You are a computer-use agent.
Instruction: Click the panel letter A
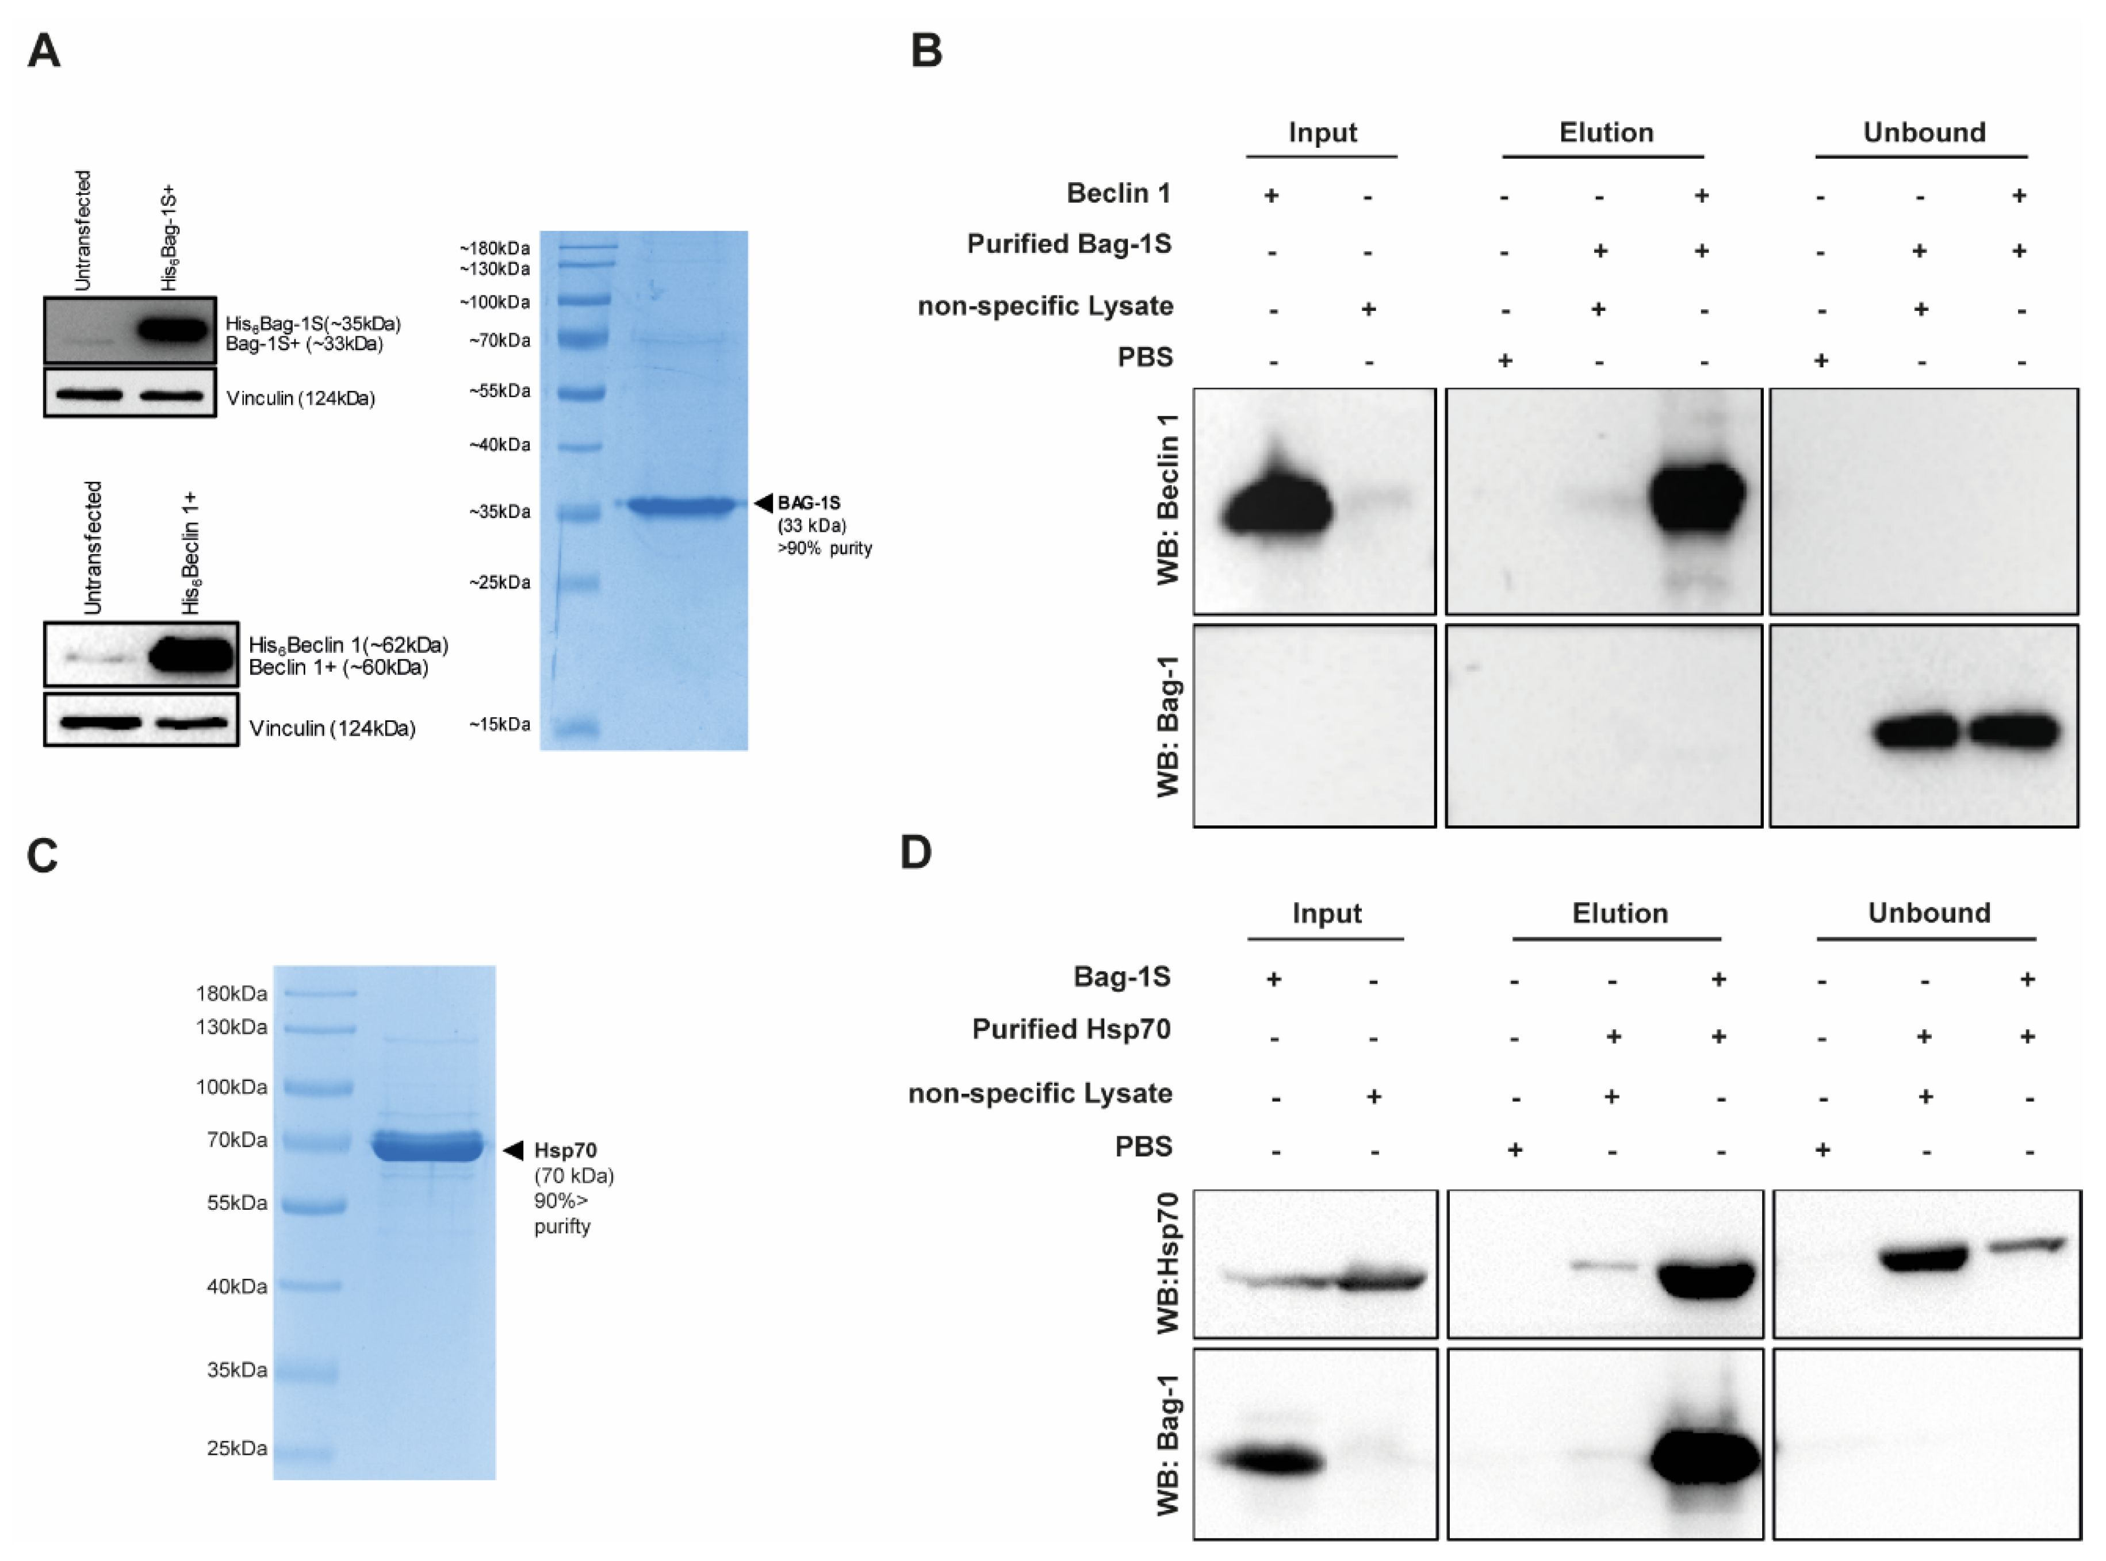coord(44,50)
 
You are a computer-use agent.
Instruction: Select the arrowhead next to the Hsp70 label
coord(512,1150)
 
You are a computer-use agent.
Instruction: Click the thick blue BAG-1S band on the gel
coord(680,506)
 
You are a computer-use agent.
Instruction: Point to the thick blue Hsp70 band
coord(427,1146)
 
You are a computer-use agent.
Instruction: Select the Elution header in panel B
coord(1606,132)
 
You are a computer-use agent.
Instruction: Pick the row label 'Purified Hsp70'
coord(1071,1029)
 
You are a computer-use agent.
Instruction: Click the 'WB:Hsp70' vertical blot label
coord(1169,1263)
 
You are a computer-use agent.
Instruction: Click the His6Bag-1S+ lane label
coord(169,238)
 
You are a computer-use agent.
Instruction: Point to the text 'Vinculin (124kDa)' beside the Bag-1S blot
coord(301,398)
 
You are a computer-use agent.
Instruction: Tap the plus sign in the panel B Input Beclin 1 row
coord(1272,195)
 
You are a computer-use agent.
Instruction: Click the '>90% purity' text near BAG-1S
coord(824,548)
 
